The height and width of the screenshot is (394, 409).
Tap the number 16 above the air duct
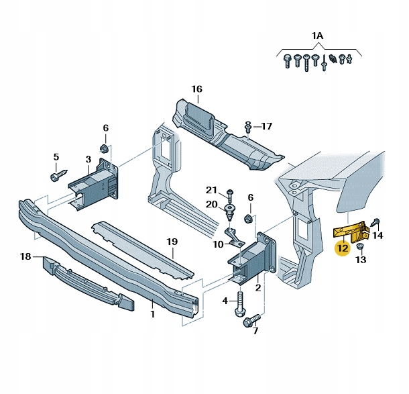196,89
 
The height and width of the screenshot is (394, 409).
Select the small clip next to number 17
249,126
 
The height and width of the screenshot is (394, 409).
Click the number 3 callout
88,159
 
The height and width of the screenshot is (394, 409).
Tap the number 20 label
211,204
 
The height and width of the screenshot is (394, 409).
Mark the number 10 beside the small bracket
218,244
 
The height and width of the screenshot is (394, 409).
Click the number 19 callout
172,242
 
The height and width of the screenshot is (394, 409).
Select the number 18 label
25,256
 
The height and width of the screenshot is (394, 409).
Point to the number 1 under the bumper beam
152,313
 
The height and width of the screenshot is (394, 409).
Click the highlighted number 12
343,248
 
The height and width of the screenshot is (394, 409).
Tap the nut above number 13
360,248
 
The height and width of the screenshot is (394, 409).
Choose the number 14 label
378,236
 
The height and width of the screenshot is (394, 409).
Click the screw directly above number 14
376,222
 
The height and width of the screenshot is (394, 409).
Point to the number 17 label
266,126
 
